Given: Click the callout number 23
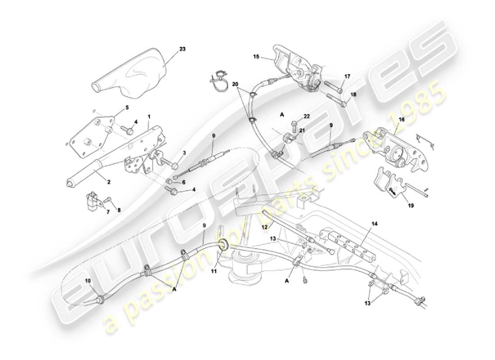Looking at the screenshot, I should [170, 49].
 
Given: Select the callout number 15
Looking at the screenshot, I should [256, 58].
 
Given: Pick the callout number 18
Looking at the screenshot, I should [353, 94].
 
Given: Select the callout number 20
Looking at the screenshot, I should [235, 84].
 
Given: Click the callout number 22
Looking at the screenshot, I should [307, 116].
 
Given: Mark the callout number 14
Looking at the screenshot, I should [375, 223].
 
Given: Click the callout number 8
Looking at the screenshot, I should [120, 209].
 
